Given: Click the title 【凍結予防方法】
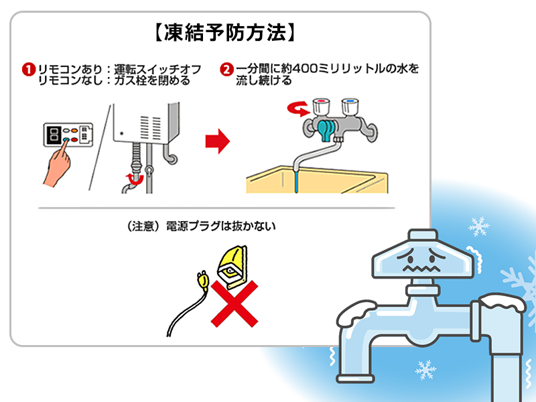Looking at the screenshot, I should pos(220,32).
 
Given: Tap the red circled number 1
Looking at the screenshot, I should pos(29,70).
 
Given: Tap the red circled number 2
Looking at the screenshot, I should pos(226,70).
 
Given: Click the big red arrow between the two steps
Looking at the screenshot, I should pos(216,141).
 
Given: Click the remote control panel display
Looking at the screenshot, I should pos(53,133).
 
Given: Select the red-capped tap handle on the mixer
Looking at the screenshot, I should pos(322,107).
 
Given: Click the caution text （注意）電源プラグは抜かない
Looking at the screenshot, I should pos(200,226).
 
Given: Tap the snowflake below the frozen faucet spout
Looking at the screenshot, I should pos(426,369).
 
